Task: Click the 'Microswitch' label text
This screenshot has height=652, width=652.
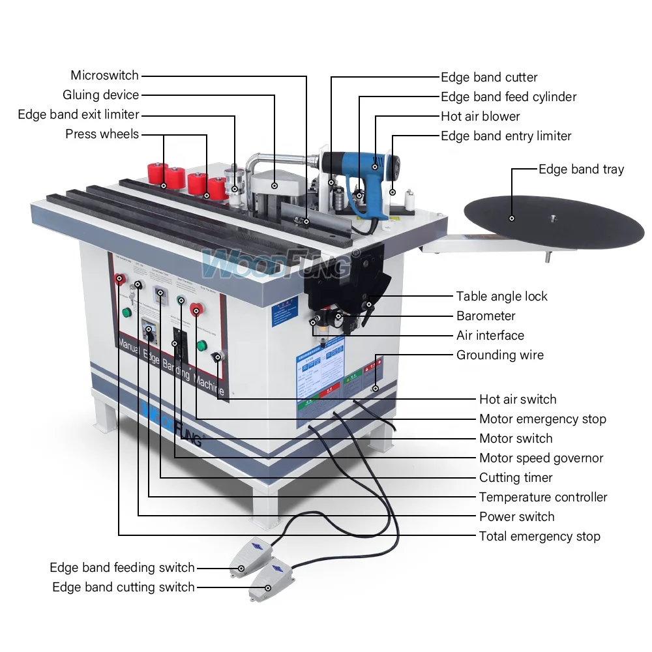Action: [x=104, y=76]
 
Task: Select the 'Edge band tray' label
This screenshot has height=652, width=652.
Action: [x=581, y=170]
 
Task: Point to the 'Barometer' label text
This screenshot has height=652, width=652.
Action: [x=486, y=316]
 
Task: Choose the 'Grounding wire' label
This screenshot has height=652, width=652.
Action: [x=499, y=355]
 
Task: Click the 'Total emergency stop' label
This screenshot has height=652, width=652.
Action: [x=539, y=537]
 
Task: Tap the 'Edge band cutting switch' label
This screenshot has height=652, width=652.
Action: [x=123, y=587]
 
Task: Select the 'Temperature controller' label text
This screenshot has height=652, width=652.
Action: [x=543, y=497]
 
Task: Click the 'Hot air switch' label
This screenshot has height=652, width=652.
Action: [x=518, y=400]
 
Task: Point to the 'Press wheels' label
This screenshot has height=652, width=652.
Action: [x=102, y=134]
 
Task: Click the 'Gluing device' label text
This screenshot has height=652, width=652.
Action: [x=100, y=95]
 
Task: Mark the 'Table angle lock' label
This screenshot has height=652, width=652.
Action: [x=501, y=297]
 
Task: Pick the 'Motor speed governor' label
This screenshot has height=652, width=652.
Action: [x=541, y=458]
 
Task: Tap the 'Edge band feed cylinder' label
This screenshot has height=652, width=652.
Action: [x=509, y=97]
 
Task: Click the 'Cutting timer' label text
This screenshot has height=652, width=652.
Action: [x=516, y=478]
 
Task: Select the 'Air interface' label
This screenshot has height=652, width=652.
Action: [x=490, y=336]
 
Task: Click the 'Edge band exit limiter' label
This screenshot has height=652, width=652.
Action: [x=78, y=115]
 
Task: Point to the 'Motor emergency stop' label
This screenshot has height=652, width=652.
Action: [x=542, y=419]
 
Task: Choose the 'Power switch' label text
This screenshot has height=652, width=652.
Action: [x=516, y=517]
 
